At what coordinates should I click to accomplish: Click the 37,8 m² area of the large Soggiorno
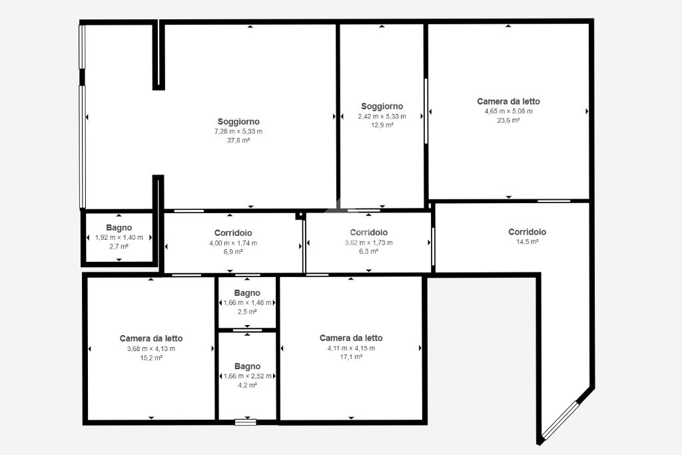[x=238, y=141]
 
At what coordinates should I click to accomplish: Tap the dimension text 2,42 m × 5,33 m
[x=382, y=116]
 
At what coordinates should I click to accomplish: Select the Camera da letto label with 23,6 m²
[x=508, y=101]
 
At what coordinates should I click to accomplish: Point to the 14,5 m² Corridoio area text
[x=527, y=241]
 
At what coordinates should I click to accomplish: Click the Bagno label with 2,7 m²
[x=119, y=228]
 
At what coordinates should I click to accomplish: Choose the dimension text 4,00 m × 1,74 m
[x=233, y=243]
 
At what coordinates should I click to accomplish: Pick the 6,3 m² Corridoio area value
[x=368, y=251]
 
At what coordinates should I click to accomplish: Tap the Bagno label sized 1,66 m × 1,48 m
[x=247, y=293]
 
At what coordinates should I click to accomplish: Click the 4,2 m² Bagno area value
[x=247, y=386]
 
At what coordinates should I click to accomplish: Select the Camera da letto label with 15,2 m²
[x=151, y=338]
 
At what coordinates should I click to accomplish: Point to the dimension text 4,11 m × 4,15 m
[x=351, y=348]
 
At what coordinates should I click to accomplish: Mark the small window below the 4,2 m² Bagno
[x=245, y=422]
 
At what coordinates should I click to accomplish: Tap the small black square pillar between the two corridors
[x=299, y=215]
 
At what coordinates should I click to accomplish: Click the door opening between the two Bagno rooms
[x=247, y=330]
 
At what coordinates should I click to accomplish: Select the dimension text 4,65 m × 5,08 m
[x=508, y=111]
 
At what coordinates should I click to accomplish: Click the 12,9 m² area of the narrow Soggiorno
[x=382, y=125]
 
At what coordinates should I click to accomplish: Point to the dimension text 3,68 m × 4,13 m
[x=151, y=349]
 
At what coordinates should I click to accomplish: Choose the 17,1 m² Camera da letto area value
[x=351, y=357]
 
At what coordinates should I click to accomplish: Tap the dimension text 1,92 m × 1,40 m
[x=119, y=238]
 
